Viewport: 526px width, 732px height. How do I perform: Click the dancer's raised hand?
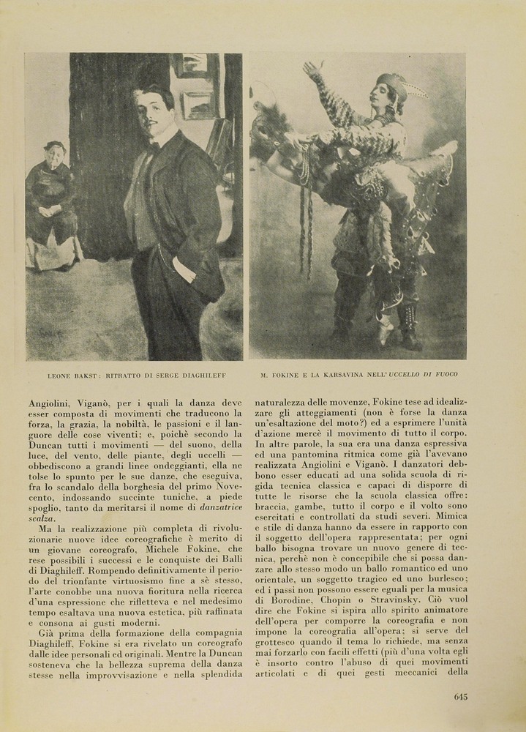[312, 70]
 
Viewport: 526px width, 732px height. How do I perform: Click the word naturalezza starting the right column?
[285, 402]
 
